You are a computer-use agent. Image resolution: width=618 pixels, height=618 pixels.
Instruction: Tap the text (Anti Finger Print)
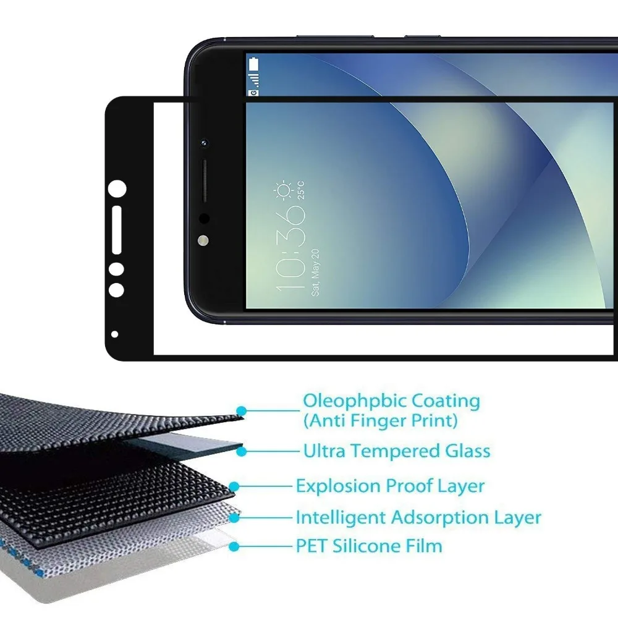pos(380,420)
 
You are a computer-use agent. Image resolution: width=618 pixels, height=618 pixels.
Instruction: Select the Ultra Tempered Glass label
pos(397,451)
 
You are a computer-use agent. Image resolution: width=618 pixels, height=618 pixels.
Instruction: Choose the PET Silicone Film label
pos(369,546)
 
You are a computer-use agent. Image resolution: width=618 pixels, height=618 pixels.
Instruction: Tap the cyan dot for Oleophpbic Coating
pos(242,411)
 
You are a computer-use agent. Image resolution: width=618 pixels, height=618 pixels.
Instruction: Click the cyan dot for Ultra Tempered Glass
pos(242,452)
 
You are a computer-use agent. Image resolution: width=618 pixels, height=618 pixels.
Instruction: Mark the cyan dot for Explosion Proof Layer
pos(234,487)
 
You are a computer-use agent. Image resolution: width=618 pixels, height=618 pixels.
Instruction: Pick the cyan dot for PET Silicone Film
pos(234,547)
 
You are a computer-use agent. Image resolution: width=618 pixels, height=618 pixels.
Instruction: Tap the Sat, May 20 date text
pos(315,273)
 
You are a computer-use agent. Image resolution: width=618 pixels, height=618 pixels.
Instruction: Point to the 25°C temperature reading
pos(301,190)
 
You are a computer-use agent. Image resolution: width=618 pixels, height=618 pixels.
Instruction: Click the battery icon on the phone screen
pos(254,64)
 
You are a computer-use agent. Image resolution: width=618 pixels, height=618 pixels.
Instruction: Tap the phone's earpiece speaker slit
pos(205,181)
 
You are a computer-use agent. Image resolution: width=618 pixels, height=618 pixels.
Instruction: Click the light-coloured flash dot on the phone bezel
pos(203,240)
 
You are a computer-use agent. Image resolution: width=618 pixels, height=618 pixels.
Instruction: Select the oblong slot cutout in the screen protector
pos(117,230)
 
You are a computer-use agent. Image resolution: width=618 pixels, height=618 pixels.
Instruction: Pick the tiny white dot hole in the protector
pos(115,334)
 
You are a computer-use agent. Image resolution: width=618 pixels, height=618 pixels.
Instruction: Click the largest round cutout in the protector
pos(117,188)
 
